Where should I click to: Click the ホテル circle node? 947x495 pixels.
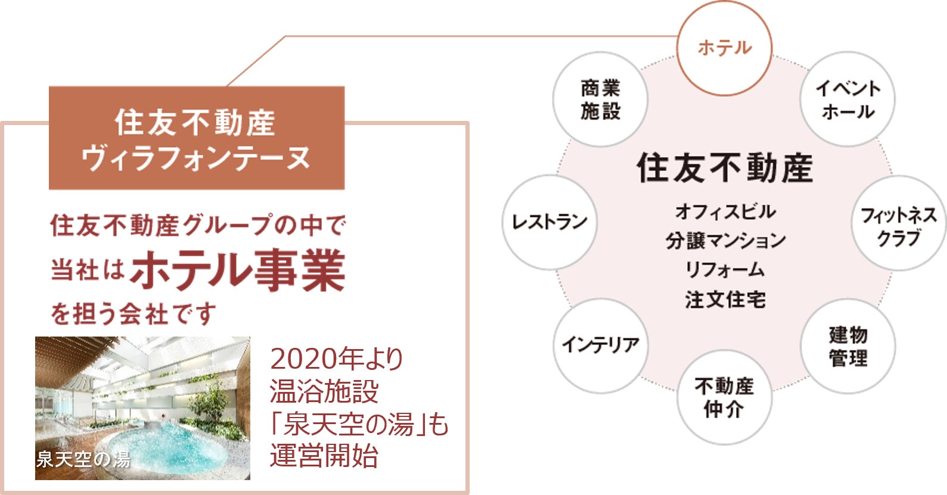click(725, 48)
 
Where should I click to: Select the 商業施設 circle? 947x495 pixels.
click(600, 99)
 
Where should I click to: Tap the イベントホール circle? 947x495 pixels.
click(847, 99)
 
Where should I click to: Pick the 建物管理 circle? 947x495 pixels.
click(847, 346)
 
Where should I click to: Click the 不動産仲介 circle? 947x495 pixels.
click(724, 397)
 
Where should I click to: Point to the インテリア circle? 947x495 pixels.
click(600, 345)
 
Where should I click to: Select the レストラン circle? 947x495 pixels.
click(549, 222)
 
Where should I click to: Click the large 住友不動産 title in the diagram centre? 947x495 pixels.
click(725, 167)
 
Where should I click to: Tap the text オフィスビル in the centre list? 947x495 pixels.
click(725, 211)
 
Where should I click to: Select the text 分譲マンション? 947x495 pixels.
click(725, 241)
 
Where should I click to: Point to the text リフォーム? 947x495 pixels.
click(725, 270)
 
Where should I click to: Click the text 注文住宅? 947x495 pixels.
click(725, 299)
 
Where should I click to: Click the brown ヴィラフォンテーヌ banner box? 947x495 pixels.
click(197, 138)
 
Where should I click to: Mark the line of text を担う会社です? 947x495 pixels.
click(133, 314)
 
